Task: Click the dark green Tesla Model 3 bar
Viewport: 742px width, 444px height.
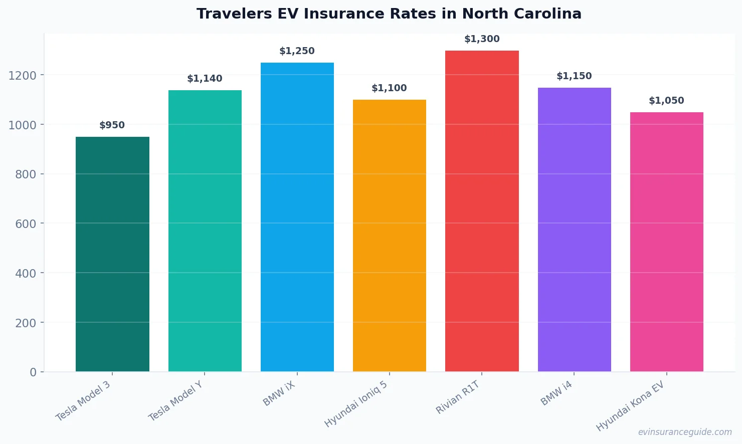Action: click(112, 254)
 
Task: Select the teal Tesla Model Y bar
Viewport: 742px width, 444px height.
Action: click(205, 231)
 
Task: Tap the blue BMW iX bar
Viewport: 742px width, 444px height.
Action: click(297, 217)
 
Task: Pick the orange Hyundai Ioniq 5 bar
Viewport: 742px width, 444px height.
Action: click(389, 236)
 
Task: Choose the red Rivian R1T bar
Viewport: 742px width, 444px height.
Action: click(482, 211)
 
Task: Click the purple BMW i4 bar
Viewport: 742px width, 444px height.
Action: click(574, 230)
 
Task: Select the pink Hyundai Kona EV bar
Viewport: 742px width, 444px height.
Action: click(666, 242)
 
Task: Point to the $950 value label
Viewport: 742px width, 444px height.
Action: click(112, 125)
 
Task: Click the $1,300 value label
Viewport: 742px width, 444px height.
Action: click(482, 39)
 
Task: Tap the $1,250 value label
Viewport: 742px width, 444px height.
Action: click(297, 51)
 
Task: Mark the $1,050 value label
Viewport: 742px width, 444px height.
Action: click(666, 101)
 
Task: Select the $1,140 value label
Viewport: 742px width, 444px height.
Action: click(205, 79)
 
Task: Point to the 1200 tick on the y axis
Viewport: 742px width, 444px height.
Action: click(23, 76)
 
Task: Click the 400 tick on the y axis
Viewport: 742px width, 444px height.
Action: click(26, 274)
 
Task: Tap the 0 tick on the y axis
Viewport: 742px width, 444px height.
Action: click(33, 372)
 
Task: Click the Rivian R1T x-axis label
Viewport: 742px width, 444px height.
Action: click(458, 397)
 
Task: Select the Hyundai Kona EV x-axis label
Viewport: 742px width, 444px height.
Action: click(630, 406)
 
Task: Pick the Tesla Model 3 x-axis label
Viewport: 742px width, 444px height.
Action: click(83, 401)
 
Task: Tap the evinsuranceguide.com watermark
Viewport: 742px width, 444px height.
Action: click(684, 432)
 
